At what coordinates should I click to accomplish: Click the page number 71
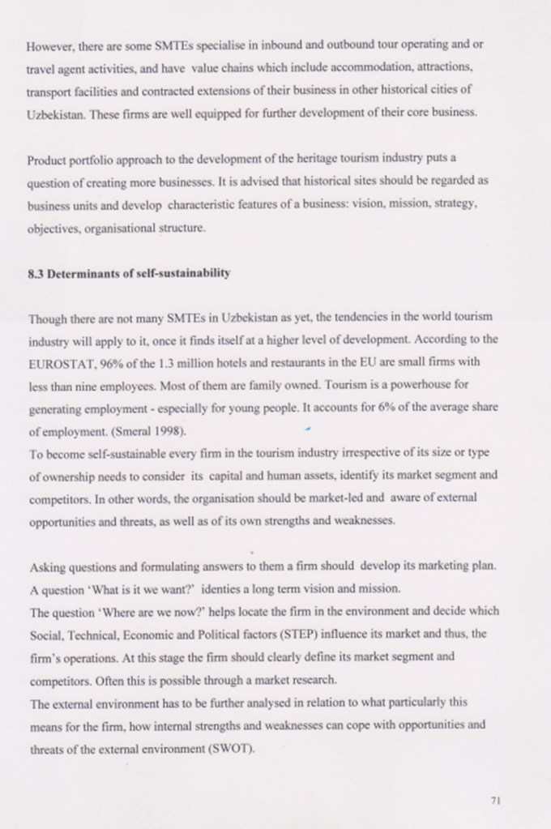pyautogui.click(x=497, y=801)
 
